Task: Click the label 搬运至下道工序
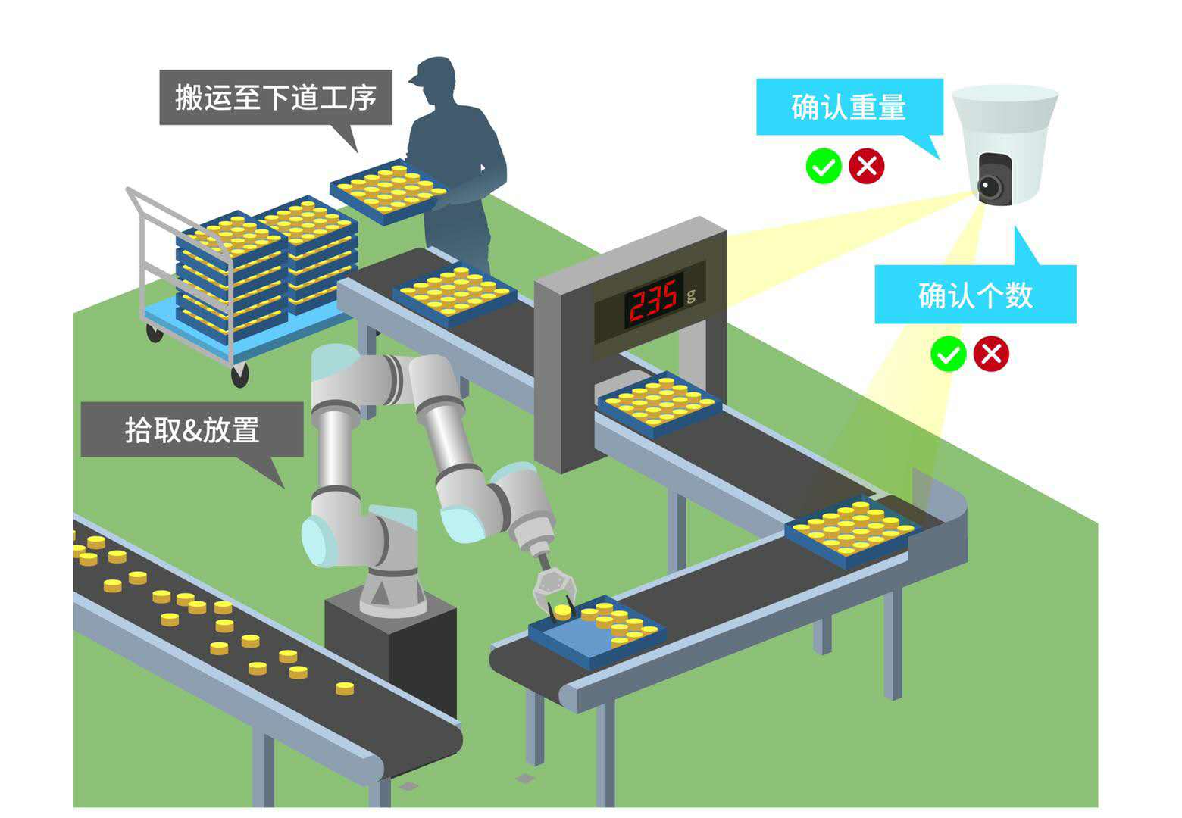275,98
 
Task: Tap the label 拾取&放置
192,429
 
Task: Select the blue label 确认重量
849,107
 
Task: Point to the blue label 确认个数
975,295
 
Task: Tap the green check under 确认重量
824,166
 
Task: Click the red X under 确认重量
867,166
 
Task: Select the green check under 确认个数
948,354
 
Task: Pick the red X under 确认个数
991,354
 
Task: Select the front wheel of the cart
239,373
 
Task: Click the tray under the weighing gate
658,402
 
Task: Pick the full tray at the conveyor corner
852,529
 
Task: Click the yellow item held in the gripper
562,610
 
